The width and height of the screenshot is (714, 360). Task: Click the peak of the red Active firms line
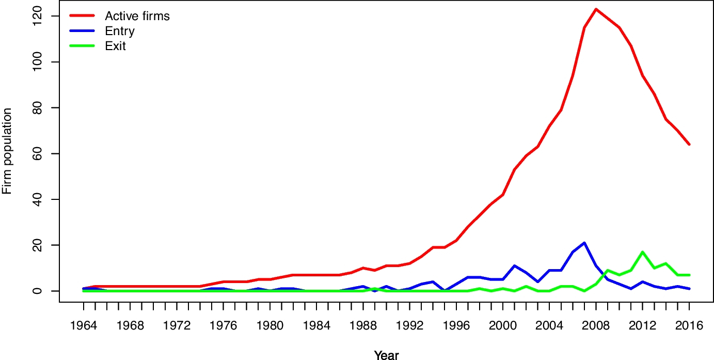click(596, 9)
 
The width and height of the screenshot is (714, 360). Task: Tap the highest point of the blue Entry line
click(584, 243)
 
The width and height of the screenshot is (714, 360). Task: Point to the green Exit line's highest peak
click(642, 252)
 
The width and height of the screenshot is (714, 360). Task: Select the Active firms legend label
click(137, 16)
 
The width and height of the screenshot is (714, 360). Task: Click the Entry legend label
click(120, 31)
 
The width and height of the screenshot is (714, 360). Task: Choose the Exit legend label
click(116, 46)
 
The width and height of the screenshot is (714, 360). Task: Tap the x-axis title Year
click(386, 355)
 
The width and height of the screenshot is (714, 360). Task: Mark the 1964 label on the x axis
click(84, 326)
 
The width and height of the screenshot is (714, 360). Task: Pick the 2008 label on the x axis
click(596, 326)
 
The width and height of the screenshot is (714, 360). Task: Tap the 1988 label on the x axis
click(363, 326)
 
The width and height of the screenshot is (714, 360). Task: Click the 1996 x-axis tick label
click(456, 326)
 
